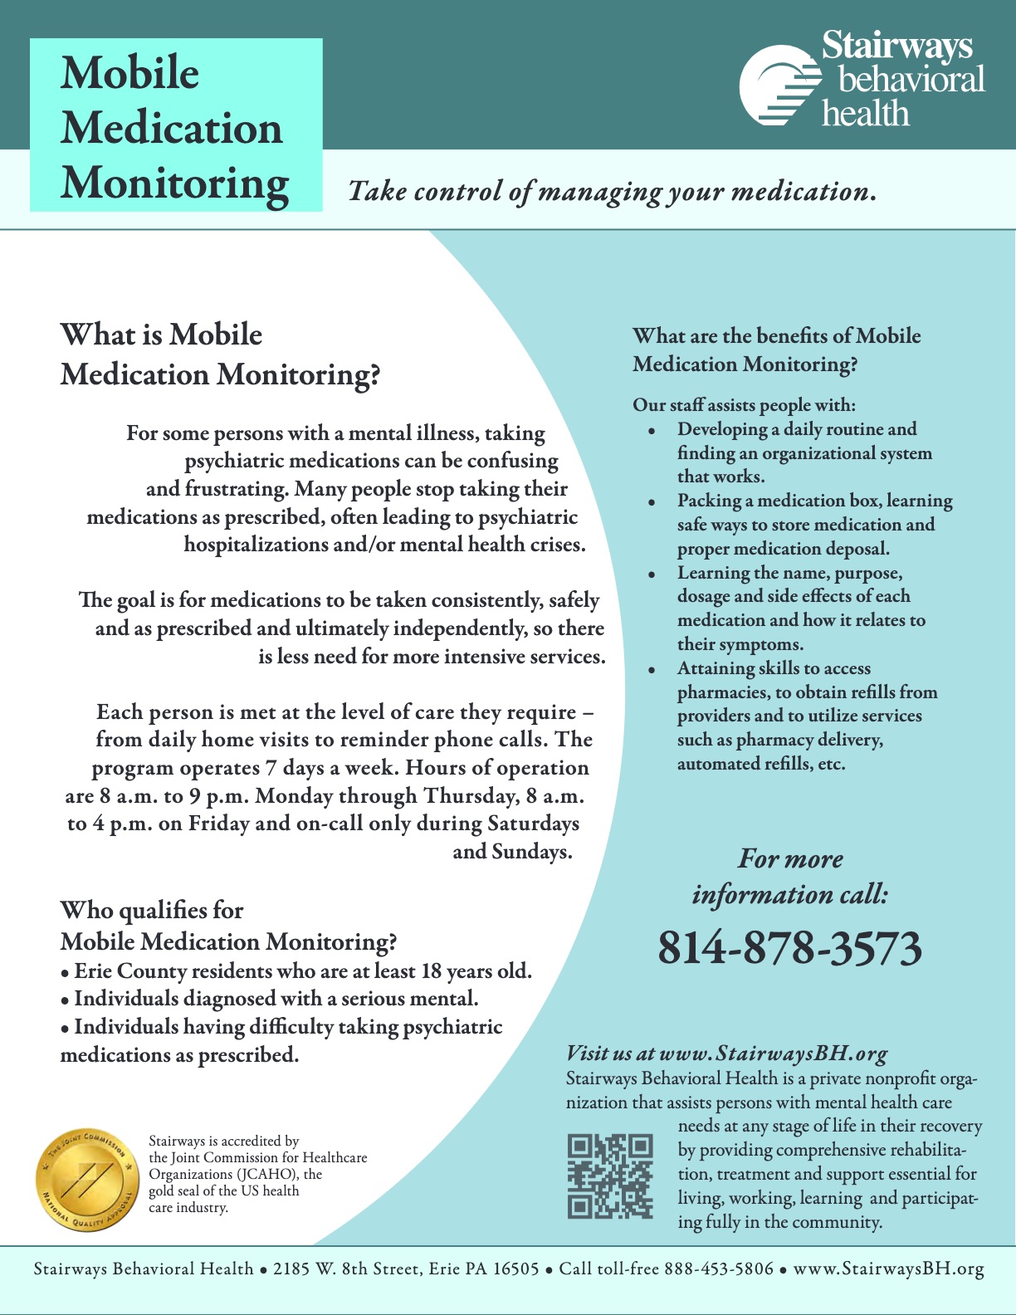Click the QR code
[610, 1176]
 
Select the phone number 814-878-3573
[789, 948]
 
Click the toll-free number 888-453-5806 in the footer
[719, 1269]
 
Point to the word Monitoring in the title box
[174, 183]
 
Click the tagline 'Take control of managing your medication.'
[612, 192]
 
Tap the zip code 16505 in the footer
[515, 1269]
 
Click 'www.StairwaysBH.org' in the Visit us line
[774, 1053]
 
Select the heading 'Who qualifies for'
[152, 911]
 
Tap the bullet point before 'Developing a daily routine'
[652, 432]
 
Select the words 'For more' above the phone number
[790, 858]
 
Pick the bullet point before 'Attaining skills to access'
[652, 670]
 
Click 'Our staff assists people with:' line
[744, 405]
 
